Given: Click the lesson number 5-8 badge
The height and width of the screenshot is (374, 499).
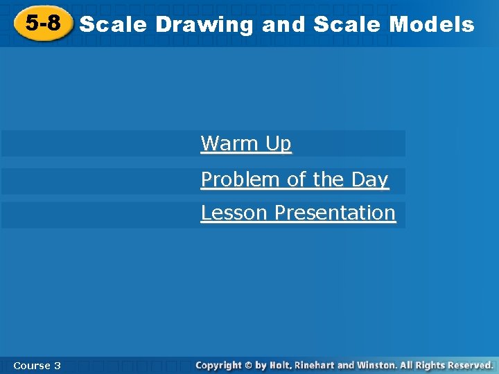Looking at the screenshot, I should pyautogui.click(x=43, y=24).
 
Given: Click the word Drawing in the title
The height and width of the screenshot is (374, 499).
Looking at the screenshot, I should pyautogui.click(x=204, y=26).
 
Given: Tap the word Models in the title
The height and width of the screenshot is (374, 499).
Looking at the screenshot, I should pyautogui.click(x=432, y=25).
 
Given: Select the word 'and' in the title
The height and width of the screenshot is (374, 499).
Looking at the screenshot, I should pyautogui.click(x=284, y=25).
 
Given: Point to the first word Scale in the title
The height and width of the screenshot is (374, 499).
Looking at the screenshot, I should pyautogui.click(x=114, y=25).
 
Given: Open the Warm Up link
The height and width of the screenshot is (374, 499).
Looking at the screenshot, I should pyautogui.click(x=246, y=144).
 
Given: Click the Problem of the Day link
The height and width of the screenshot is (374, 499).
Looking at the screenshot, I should pyautogui.click(x=295, y=180).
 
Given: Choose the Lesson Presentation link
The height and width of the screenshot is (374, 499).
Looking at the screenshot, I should pyautogui.click(x=298, y=213).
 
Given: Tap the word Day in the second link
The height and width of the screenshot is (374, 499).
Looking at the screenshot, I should pyautogui.click(x=369, y=180).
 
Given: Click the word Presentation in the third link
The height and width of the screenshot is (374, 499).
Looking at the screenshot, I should pyautogui.click(x=335, y=213).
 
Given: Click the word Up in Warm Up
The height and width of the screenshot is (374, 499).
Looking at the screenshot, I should pyautogui.click(x=277, y=144).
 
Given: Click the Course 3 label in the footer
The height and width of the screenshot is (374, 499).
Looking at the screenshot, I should pyautogui.click(x=37, y=365).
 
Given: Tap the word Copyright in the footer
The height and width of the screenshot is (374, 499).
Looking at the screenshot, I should pyautogui.click(x=218, y=365).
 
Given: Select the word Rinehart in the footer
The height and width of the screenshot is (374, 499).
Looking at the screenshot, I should pyautogui.click(x=315, y=365).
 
